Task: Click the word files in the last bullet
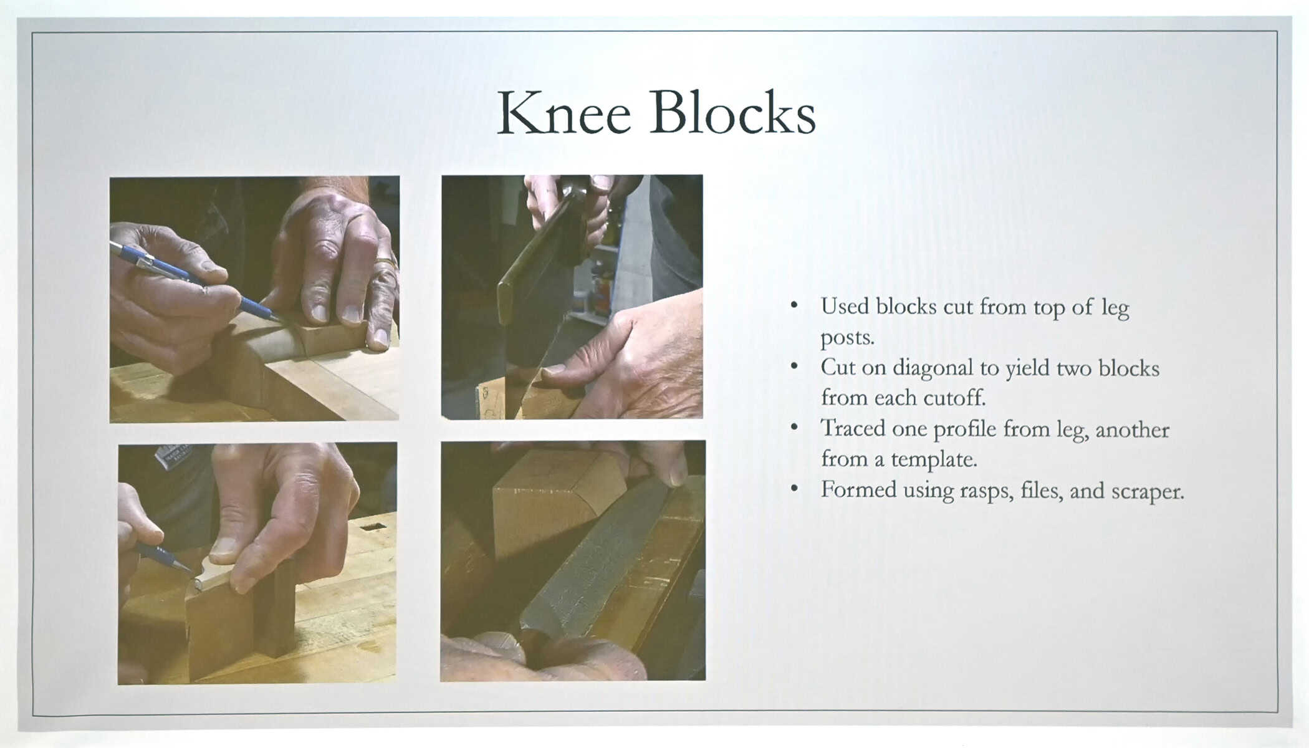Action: (1042, 490)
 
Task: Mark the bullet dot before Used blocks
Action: (794, 305)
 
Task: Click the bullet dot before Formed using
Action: (794, 489)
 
